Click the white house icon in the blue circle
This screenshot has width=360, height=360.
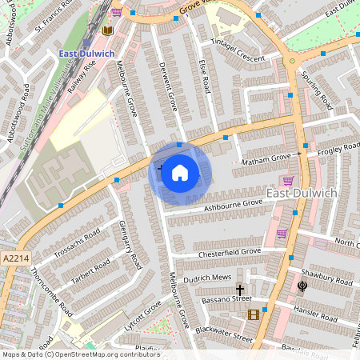(x=180, y=173)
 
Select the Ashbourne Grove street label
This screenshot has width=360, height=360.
(x=233, y=206)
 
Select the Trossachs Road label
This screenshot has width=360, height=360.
(x=77, y=241)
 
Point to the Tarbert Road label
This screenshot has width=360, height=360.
(x=90, y=270)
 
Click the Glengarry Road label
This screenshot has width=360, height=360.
(x=130, y=245)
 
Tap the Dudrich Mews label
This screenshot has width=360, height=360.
(x=206, y=280)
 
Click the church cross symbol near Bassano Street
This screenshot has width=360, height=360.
(x=239, y=289)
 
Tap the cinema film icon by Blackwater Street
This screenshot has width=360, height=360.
(x=254, y=314)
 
